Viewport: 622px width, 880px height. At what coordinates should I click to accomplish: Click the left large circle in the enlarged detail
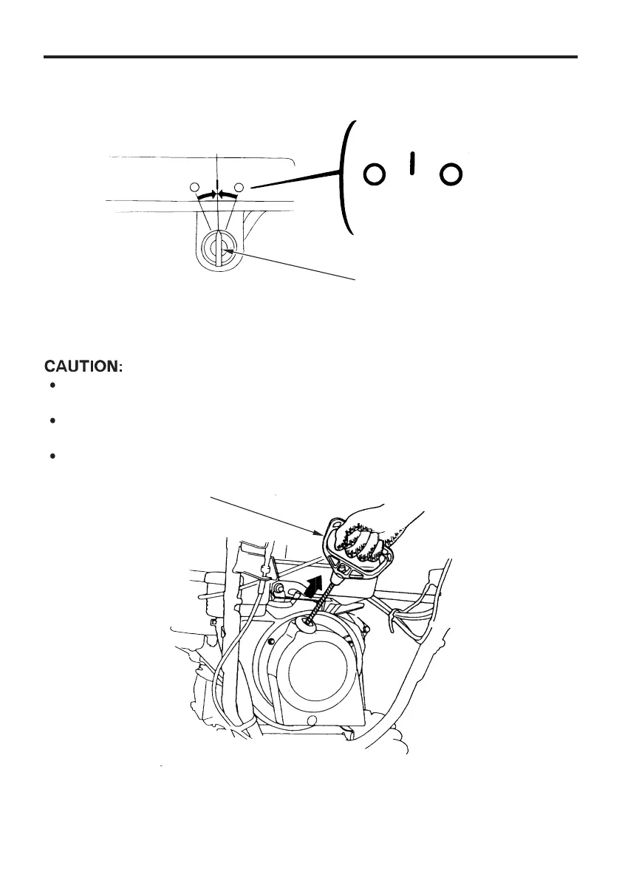click(375, 174)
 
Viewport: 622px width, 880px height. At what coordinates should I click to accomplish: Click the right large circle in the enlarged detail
click(451, 174)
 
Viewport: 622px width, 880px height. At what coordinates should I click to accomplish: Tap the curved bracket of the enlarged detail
click(344, 177)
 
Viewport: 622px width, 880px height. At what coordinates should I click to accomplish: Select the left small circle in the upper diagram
click(195, 185)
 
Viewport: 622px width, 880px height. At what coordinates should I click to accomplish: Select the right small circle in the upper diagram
click(239, 185)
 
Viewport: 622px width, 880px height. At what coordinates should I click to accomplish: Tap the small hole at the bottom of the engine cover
click(312, 720)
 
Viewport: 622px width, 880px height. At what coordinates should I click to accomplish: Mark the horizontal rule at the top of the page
click(310, 56)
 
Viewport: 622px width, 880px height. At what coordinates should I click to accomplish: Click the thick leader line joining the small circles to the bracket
click(295, 180)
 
